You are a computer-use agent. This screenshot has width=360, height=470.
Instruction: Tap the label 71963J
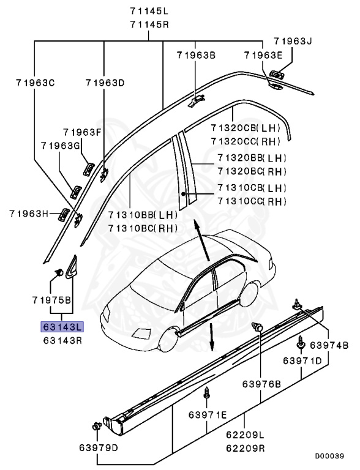click(x=293, y=42)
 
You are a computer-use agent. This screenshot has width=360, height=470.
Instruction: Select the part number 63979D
click(x=99, y=447)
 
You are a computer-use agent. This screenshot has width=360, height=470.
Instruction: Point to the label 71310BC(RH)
click(x=143, y=228)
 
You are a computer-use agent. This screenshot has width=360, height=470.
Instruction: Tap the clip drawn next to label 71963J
click(x=277, y=75)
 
